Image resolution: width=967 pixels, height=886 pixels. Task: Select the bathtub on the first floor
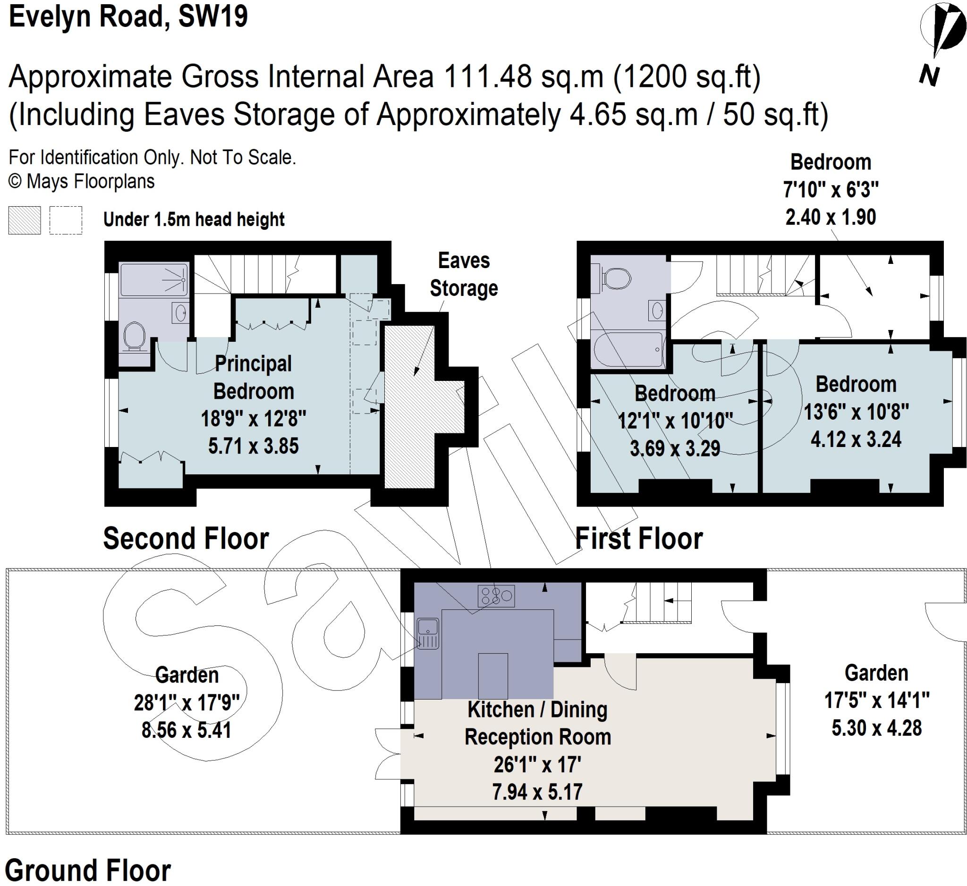[x=628, y=349]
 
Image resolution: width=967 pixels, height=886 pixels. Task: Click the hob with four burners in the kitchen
[x=496, y=596]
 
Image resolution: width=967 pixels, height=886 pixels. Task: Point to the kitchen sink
[x=427, y=633]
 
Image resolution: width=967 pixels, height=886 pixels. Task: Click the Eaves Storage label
[x=463, y=275]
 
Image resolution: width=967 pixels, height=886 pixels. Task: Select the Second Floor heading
[x=186, y=539]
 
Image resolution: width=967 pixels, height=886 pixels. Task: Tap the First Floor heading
[x=638, y=539]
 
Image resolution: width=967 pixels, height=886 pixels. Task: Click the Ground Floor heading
[x=88, y=870]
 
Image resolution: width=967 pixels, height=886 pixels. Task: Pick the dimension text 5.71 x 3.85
[x=253, y=446]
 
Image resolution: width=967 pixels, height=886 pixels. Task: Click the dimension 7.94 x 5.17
[x=537, y=792]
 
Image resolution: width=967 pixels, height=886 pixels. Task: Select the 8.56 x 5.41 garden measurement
[x=186, y=730]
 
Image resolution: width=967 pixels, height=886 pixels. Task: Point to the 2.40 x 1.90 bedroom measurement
[x=830, y=217]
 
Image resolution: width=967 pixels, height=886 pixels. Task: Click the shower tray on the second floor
[x=153, y=279]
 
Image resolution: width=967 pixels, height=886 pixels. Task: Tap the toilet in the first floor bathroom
[x=616, y=278]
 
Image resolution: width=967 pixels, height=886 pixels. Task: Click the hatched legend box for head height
[x=25, y=220]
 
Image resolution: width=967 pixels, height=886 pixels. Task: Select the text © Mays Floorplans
[x=82, y=182]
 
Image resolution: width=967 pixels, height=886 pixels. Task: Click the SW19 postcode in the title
[x=213, y=17]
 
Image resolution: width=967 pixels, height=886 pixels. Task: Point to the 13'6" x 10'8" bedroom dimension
[x=856, y=412]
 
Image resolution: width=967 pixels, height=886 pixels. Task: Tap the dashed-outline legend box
[x=66, y=220]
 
